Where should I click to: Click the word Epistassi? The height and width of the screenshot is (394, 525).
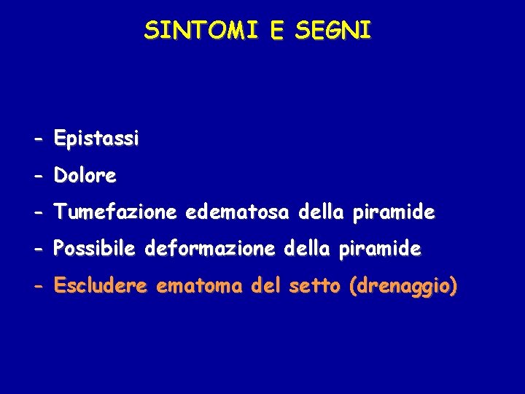click(96, 139)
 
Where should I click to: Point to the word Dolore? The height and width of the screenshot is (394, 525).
click(85, 176)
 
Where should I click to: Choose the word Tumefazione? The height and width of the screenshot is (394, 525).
click(115, 212)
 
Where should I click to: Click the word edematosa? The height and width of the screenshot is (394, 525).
click(238, 212)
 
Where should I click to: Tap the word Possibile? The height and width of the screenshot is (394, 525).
click(95, 250)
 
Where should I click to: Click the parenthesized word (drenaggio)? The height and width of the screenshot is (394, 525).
click(403, 287)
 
